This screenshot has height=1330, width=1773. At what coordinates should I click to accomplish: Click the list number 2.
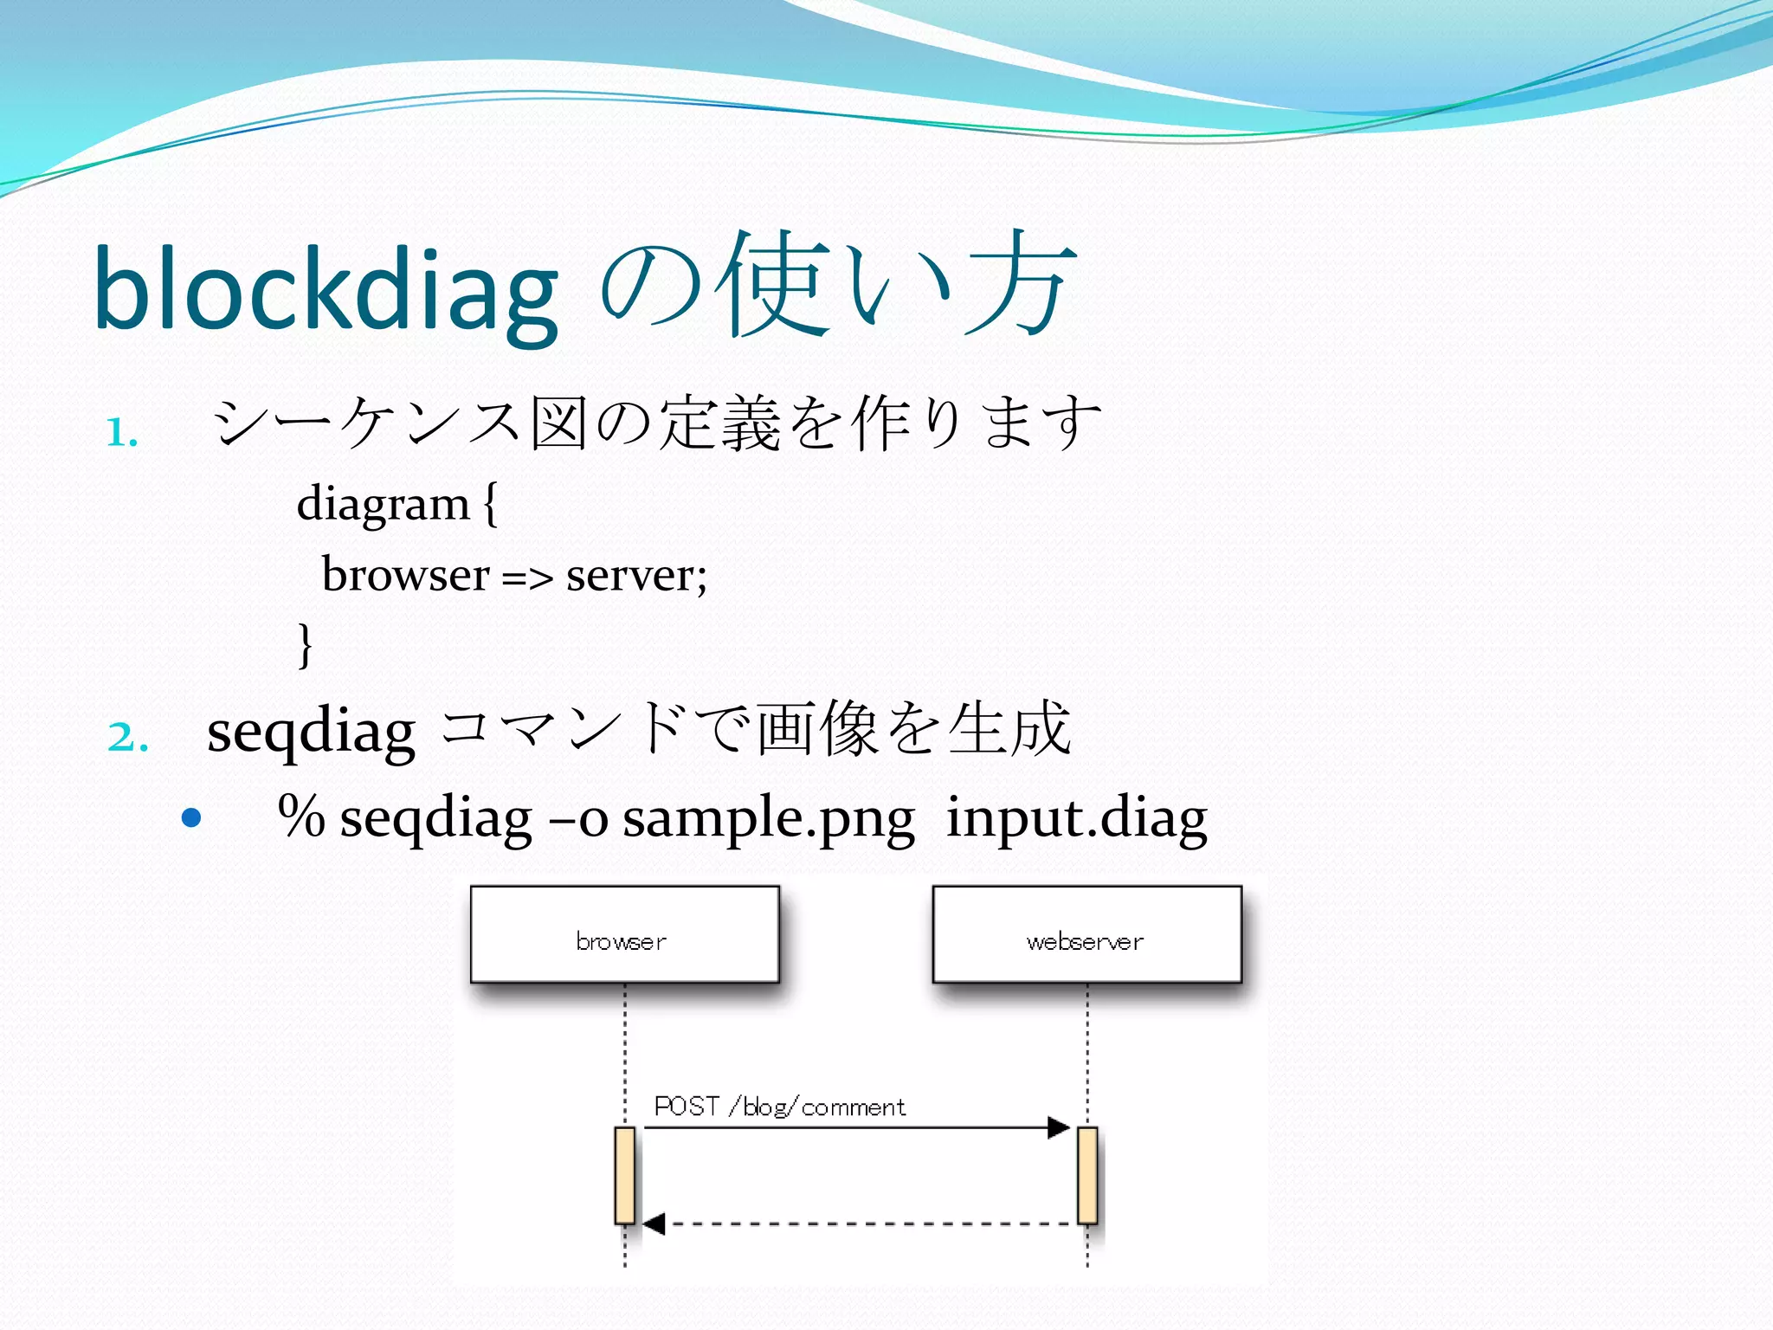click(127, 738)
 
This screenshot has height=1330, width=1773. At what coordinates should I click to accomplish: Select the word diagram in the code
click(383, 504)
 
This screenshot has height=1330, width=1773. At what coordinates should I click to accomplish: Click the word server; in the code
click(636, 576)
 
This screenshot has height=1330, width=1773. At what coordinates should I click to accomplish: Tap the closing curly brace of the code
click(304, 645)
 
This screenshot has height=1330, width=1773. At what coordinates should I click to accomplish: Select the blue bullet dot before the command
click(191, 817)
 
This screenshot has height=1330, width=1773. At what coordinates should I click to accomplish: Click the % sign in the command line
click(301, 817)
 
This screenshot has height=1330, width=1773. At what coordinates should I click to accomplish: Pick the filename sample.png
click(768, 818)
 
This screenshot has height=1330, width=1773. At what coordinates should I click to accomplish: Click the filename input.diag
click(1076, 818)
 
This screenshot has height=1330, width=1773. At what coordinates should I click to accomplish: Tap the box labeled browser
click(624, 934)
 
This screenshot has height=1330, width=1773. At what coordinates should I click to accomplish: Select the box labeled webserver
click(1086, 934)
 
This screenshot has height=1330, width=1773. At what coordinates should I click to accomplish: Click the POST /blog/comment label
click(779, 1107)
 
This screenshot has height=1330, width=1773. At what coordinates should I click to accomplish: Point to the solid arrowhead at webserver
click(1059, 1127)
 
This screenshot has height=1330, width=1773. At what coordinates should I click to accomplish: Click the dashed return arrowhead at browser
click(654, 1223)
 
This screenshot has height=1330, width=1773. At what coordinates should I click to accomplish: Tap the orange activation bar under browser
click(624, 1175)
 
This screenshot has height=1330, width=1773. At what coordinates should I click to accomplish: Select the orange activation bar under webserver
click(1087, 1175)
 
